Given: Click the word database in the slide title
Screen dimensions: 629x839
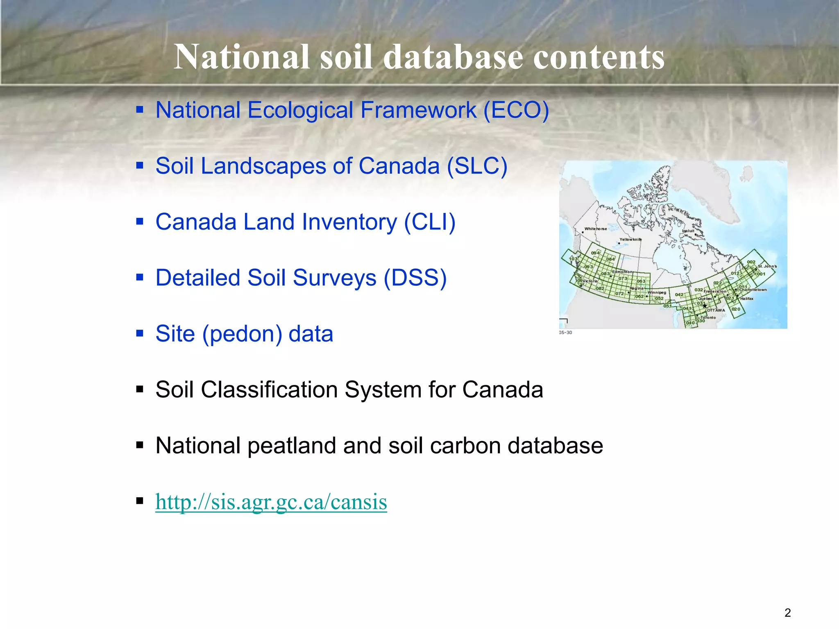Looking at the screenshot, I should pos(453,57).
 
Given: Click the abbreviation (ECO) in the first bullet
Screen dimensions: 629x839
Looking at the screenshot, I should pos(516,111).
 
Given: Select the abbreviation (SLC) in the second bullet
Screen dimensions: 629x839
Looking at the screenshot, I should pos(477,167).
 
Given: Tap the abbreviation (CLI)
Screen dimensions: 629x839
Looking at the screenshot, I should pos(430,222).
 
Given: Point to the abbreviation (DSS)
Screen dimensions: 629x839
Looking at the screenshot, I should pos(415,278).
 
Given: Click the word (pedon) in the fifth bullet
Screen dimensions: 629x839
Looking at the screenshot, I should pos(242,334).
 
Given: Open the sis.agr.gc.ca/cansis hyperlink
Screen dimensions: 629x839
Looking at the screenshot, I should pos(271,502).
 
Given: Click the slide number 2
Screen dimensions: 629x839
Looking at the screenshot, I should pos(787,613).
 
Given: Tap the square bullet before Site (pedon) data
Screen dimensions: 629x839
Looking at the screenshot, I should pos(140,334).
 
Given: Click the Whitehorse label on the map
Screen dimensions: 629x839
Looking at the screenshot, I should pos(595,229).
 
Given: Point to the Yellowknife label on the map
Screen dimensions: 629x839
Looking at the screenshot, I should pos(630,239).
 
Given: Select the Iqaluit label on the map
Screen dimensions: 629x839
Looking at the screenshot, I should pos(688,231).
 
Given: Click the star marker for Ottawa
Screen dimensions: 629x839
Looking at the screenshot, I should pos(705,306).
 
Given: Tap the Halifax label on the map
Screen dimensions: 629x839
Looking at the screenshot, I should pos(746,299).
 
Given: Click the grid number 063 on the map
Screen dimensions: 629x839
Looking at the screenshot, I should pos(641,281).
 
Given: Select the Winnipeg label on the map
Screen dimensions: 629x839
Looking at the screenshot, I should pos(657,293).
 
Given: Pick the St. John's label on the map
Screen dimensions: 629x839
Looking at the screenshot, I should pos(767,266).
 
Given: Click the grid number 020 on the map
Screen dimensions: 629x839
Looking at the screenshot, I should pos(736,309).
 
